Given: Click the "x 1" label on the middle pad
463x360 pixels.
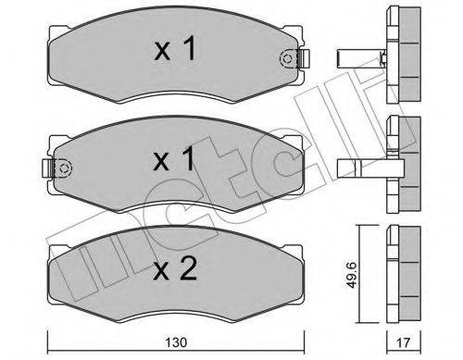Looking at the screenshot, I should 174,159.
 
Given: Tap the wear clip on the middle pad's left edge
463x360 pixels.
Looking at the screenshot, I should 51,168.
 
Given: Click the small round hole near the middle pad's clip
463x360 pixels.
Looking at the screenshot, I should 65,168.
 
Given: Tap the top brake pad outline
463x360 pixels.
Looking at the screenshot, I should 111,56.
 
